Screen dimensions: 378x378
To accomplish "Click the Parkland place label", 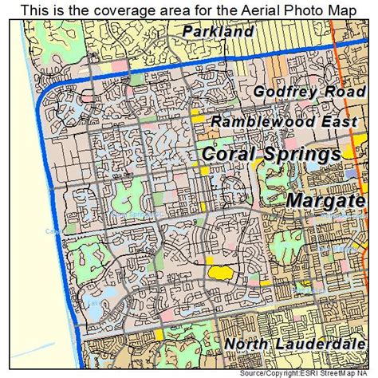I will [x=218, y=32].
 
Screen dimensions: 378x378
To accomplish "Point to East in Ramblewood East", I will [x=344, y=120].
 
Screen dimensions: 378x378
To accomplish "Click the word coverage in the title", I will [x=116, y=9].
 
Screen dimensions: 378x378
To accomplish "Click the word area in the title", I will [x=163, y=9].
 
